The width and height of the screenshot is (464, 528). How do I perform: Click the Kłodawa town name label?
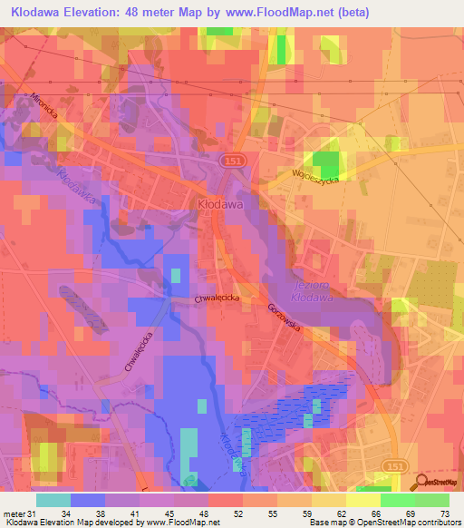click(x=218, y=205)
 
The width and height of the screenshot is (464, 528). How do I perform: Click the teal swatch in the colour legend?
click(x=53, y=500)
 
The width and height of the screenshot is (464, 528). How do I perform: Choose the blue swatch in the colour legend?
click(x=88, y=500)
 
